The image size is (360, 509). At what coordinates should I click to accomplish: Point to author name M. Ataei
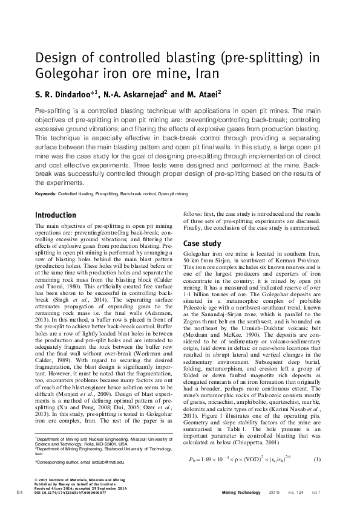[198, 94]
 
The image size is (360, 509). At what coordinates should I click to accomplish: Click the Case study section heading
[202, 243]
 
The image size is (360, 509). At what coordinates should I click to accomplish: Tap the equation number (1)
[316, 427]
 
